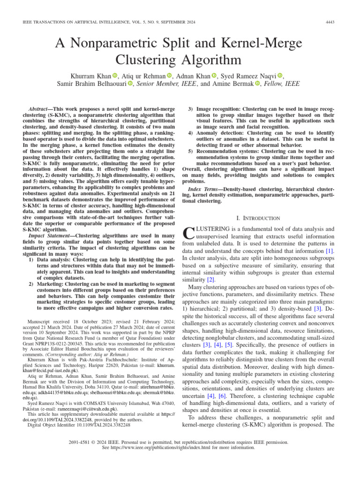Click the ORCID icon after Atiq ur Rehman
[169, 75]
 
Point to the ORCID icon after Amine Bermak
[257, 84]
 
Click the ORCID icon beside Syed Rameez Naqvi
[280, 75]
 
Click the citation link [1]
[330, 251]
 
